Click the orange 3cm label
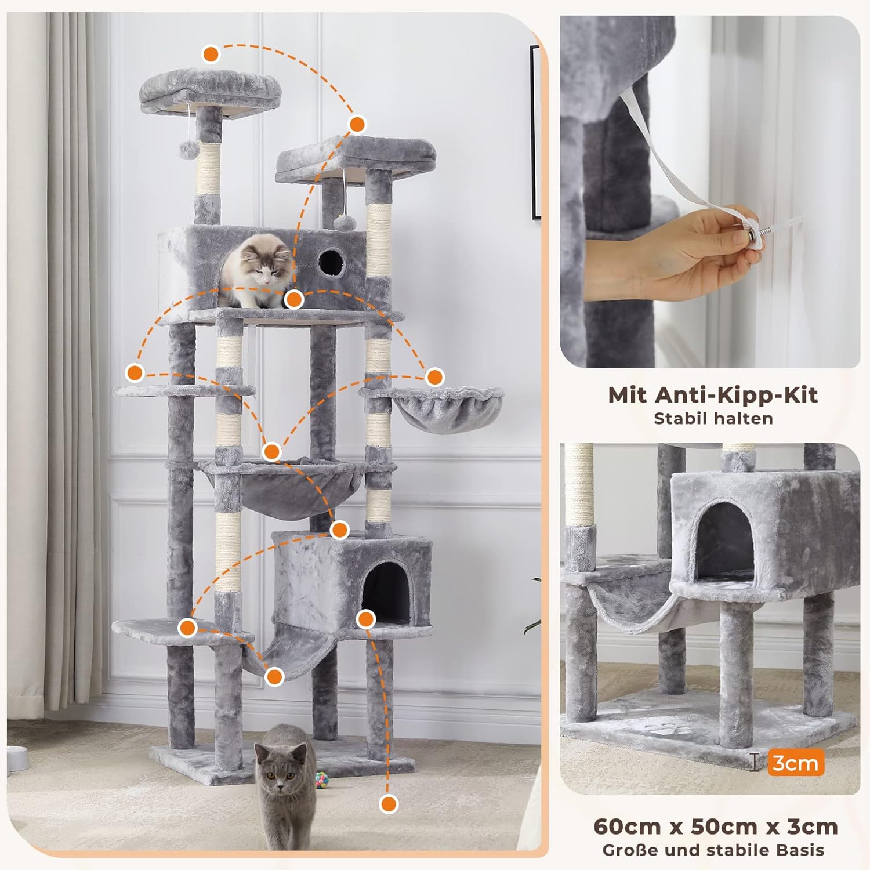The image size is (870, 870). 796,763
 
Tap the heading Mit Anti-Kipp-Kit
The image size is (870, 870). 713,395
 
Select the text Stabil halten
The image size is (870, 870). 713,419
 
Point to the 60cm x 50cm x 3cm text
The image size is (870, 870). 716,826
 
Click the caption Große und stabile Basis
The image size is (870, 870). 713,850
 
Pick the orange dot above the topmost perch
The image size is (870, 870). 211,55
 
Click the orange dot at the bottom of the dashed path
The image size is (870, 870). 389,804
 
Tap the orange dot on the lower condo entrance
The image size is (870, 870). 365,619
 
